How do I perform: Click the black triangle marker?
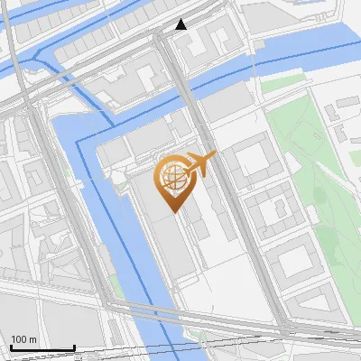(181, 24)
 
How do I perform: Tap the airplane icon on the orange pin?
(199, 164)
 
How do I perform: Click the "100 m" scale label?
(23, 339)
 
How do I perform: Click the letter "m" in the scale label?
(32, 339)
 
